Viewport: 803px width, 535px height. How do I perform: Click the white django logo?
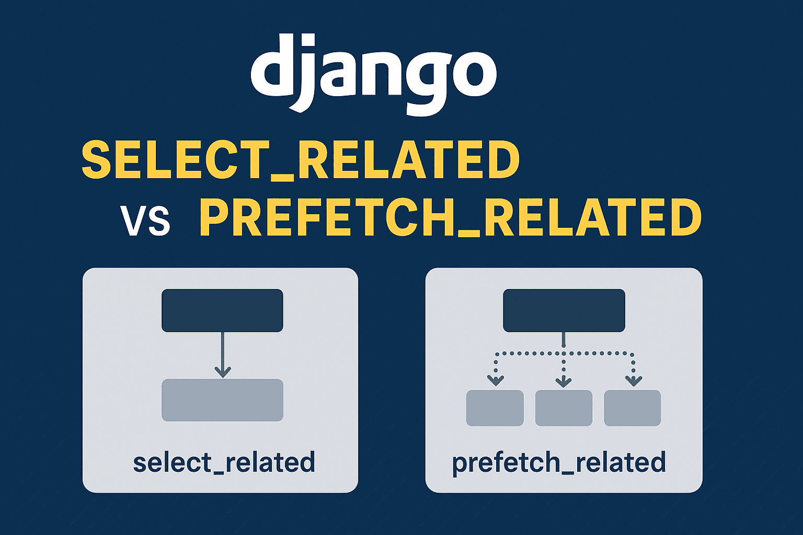[373, 73]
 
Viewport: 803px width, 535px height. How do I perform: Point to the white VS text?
[145, 220]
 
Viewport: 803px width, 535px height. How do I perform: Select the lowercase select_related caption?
[224, 462]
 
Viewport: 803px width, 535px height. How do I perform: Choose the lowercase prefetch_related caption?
[559, 462]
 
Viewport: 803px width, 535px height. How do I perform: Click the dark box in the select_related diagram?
[222, 310]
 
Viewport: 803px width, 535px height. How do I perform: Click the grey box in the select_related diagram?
[222, 400]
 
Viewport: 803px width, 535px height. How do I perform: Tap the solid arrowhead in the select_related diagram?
[223, 371]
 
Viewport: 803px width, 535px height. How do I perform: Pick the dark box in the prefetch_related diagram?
[564, 310]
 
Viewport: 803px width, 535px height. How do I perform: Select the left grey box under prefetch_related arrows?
[495, 408]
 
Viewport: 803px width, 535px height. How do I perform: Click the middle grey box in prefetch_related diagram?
[564, 408]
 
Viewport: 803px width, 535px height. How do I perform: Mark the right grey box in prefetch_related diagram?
[632, 408]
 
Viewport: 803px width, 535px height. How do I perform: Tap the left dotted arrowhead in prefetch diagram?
[495, 380]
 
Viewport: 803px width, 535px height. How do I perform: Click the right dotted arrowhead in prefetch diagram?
[633, 380]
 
